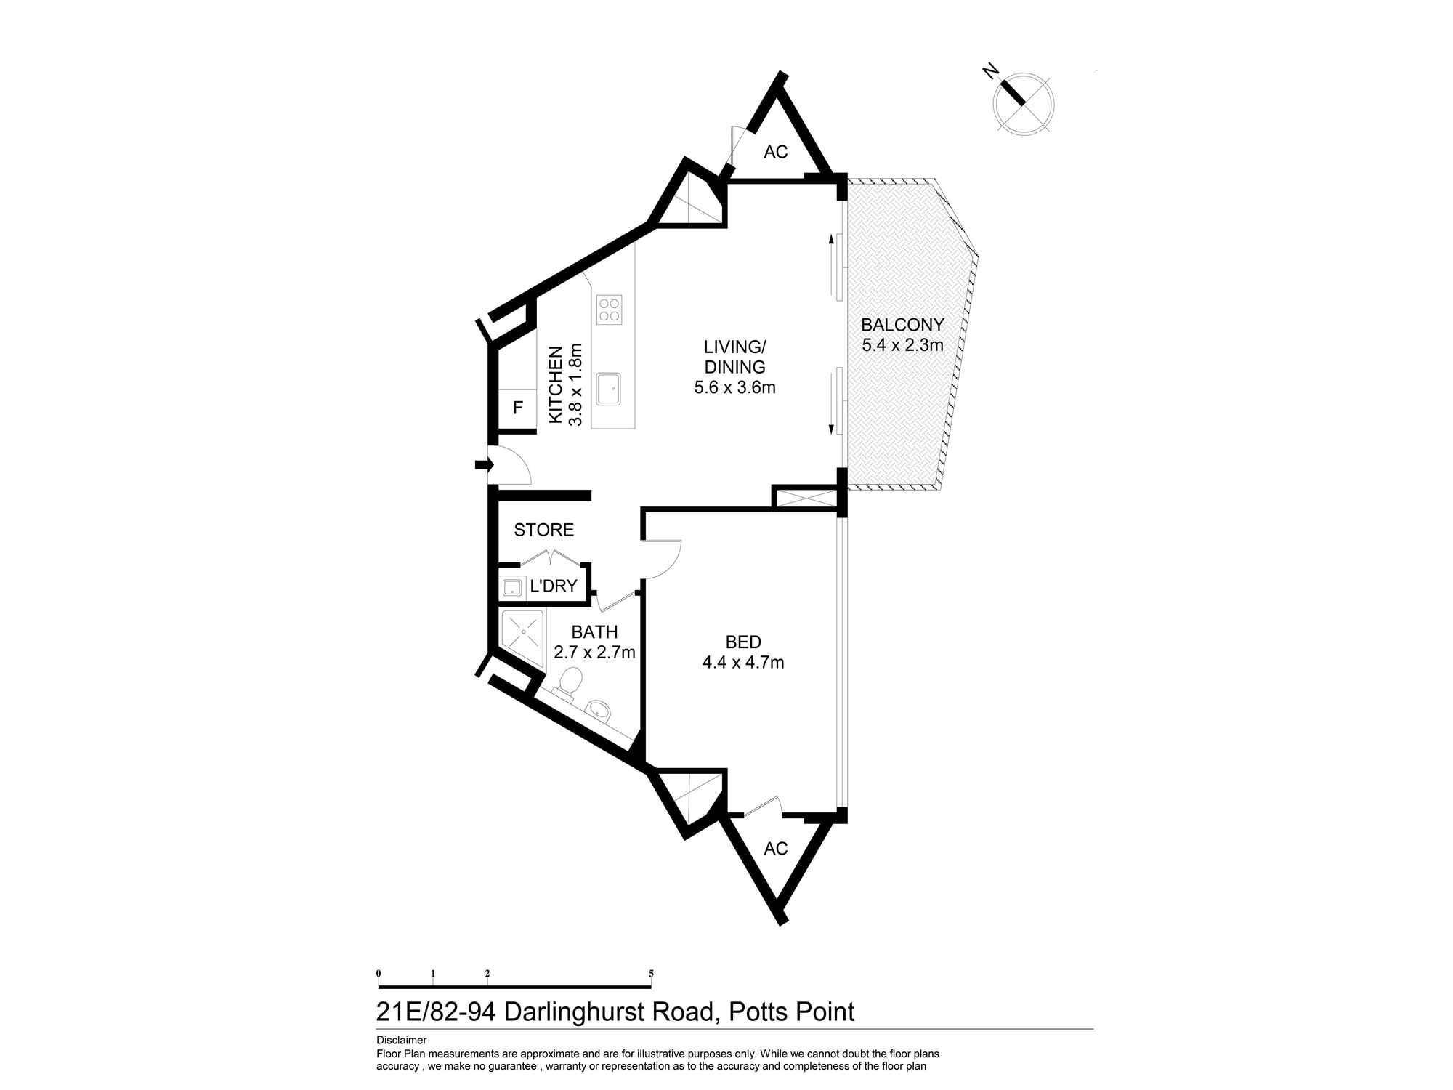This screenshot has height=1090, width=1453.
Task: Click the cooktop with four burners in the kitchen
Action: coord(609,310)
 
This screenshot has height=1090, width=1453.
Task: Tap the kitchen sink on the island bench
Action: coord(608,389)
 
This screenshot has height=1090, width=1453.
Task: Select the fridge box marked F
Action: coord(518,408)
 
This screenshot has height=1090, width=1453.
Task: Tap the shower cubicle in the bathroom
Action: coord(522,631)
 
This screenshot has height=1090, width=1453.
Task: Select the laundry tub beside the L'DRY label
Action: coord(512,587)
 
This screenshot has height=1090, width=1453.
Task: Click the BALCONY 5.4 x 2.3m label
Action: coord(902,335)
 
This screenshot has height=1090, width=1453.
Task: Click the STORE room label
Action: coord(543,530)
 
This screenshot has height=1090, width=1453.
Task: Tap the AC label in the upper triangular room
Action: coord(776,152)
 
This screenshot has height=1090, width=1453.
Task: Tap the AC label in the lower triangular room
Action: coord(776,849)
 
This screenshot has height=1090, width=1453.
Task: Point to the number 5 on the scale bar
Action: coord(651,973)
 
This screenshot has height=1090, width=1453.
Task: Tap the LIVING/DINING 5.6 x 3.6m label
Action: coord(734,367)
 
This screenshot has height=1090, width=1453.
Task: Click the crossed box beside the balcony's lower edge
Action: coord(806,498)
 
